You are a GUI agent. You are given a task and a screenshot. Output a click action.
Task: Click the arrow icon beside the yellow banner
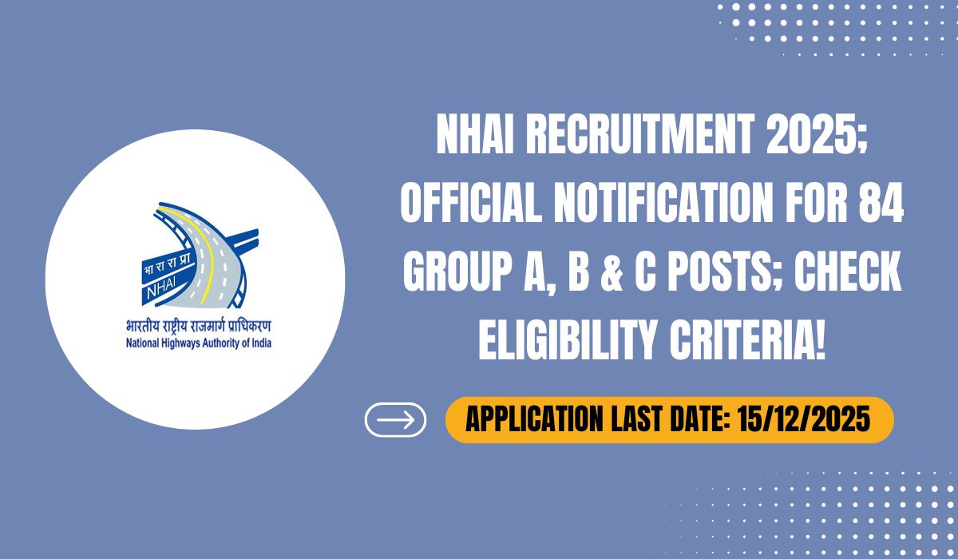(x=395, y=420)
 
